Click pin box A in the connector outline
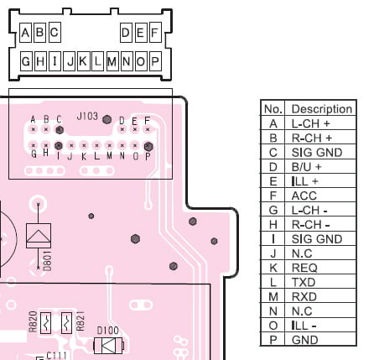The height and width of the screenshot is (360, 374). pyautogui.click(x=25, y=33)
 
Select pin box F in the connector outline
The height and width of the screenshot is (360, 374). pyautogui.click(x=155, y=33)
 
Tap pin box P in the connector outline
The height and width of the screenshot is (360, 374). pyautogui.click(x=155, y=61)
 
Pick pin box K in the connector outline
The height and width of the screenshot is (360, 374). pyautogui.click(x=83, y=61)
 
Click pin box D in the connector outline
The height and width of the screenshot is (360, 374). pyautogui.click(x=126, y=33)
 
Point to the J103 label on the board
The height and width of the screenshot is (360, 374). pyautogui.click(x=87, y=116)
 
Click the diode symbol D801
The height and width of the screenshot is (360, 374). pyautogui.click(x=39, y=236)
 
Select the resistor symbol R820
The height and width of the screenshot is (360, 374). pyautogui.click(x=45, y=323)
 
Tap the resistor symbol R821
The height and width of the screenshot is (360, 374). pyautogui.click(x=66, y=323)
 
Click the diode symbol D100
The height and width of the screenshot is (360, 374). pyautogui.click(x=108, y=346)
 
